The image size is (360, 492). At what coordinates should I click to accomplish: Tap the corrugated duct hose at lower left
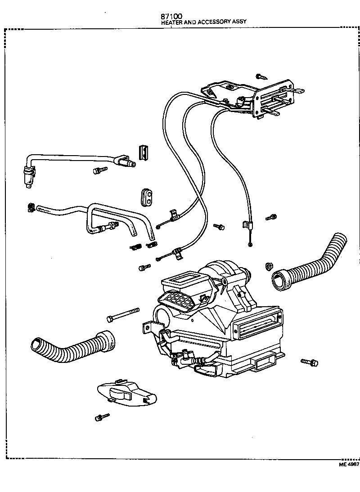(x=72, y=346)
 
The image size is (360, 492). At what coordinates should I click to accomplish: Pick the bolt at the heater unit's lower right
(x=310, y=362)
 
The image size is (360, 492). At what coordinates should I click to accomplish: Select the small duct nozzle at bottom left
(x=126, y=391)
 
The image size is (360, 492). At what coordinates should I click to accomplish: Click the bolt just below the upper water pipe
(x=100, y=170)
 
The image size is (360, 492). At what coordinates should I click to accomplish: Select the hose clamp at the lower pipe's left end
(x=31, y=207)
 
